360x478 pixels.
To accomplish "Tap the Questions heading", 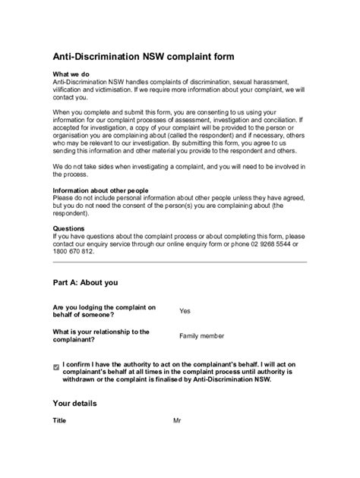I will click(69, 227).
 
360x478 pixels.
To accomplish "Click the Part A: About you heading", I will click(85, 282).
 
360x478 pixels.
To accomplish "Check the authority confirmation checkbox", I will click(56, 366).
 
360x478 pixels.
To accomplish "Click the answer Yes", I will click(185, 310).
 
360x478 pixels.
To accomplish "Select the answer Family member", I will click(201, 335).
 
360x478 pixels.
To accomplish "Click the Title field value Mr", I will click(178, 420).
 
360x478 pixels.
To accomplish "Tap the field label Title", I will click(60, 420).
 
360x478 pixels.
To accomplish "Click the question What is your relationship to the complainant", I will click(100, 335).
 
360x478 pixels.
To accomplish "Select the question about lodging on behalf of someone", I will click(104, 310).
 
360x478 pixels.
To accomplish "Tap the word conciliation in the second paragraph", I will click(282, 119).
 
